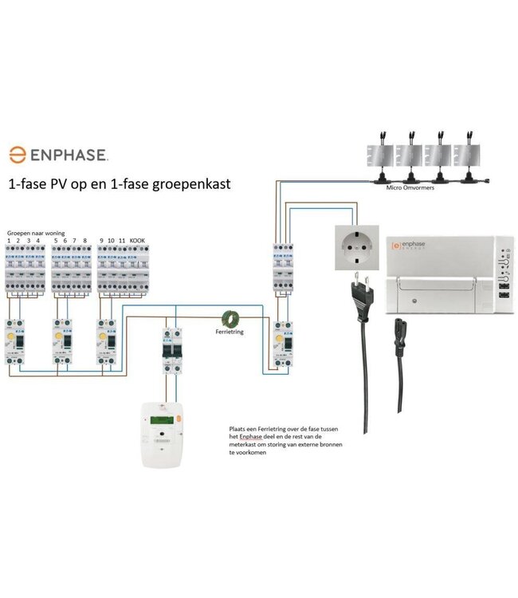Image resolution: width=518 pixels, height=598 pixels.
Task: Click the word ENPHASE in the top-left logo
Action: [69, 154]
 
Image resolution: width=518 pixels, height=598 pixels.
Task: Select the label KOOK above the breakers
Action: [137, 239]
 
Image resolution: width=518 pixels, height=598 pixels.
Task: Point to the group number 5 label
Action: [54, 239]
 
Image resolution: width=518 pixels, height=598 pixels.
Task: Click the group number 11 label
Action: [122, 239]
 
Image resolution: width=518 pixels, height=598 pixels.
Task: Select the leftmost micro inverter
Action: [381, 157]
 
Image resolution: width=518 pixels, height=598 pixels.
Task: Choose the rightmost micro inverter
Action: [467, 157]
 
